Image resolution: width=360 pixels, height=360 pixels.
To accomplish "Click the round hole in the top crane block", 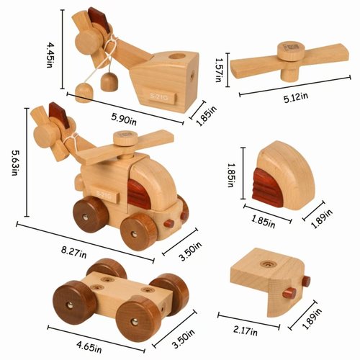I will click(179, 56).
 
